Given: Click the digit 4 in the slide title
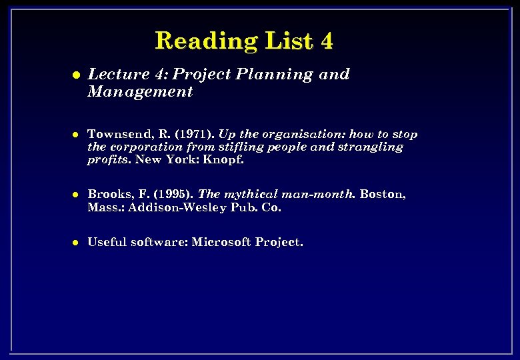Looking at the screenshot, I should click(326, 41).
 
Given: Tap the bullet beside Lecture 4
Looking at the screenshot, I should click(77, 75).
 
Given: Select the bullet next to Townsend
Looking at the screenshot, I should click(77, 135).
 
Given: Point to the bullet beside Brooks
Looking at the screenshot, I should click(77, 195).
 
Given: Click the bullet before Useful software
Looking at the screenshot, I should click(77, 243).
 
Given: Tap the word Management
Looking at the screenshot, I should click(140, 92).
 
